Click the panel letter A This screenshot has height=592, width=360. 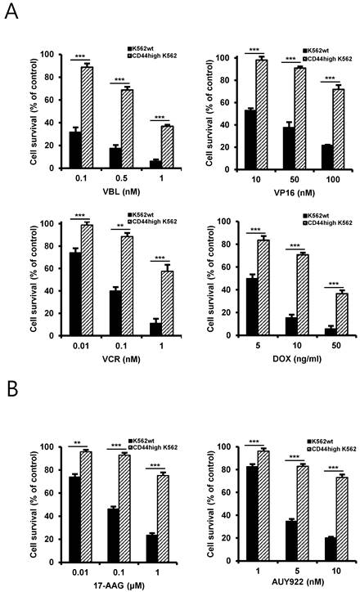click(12, 14)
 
